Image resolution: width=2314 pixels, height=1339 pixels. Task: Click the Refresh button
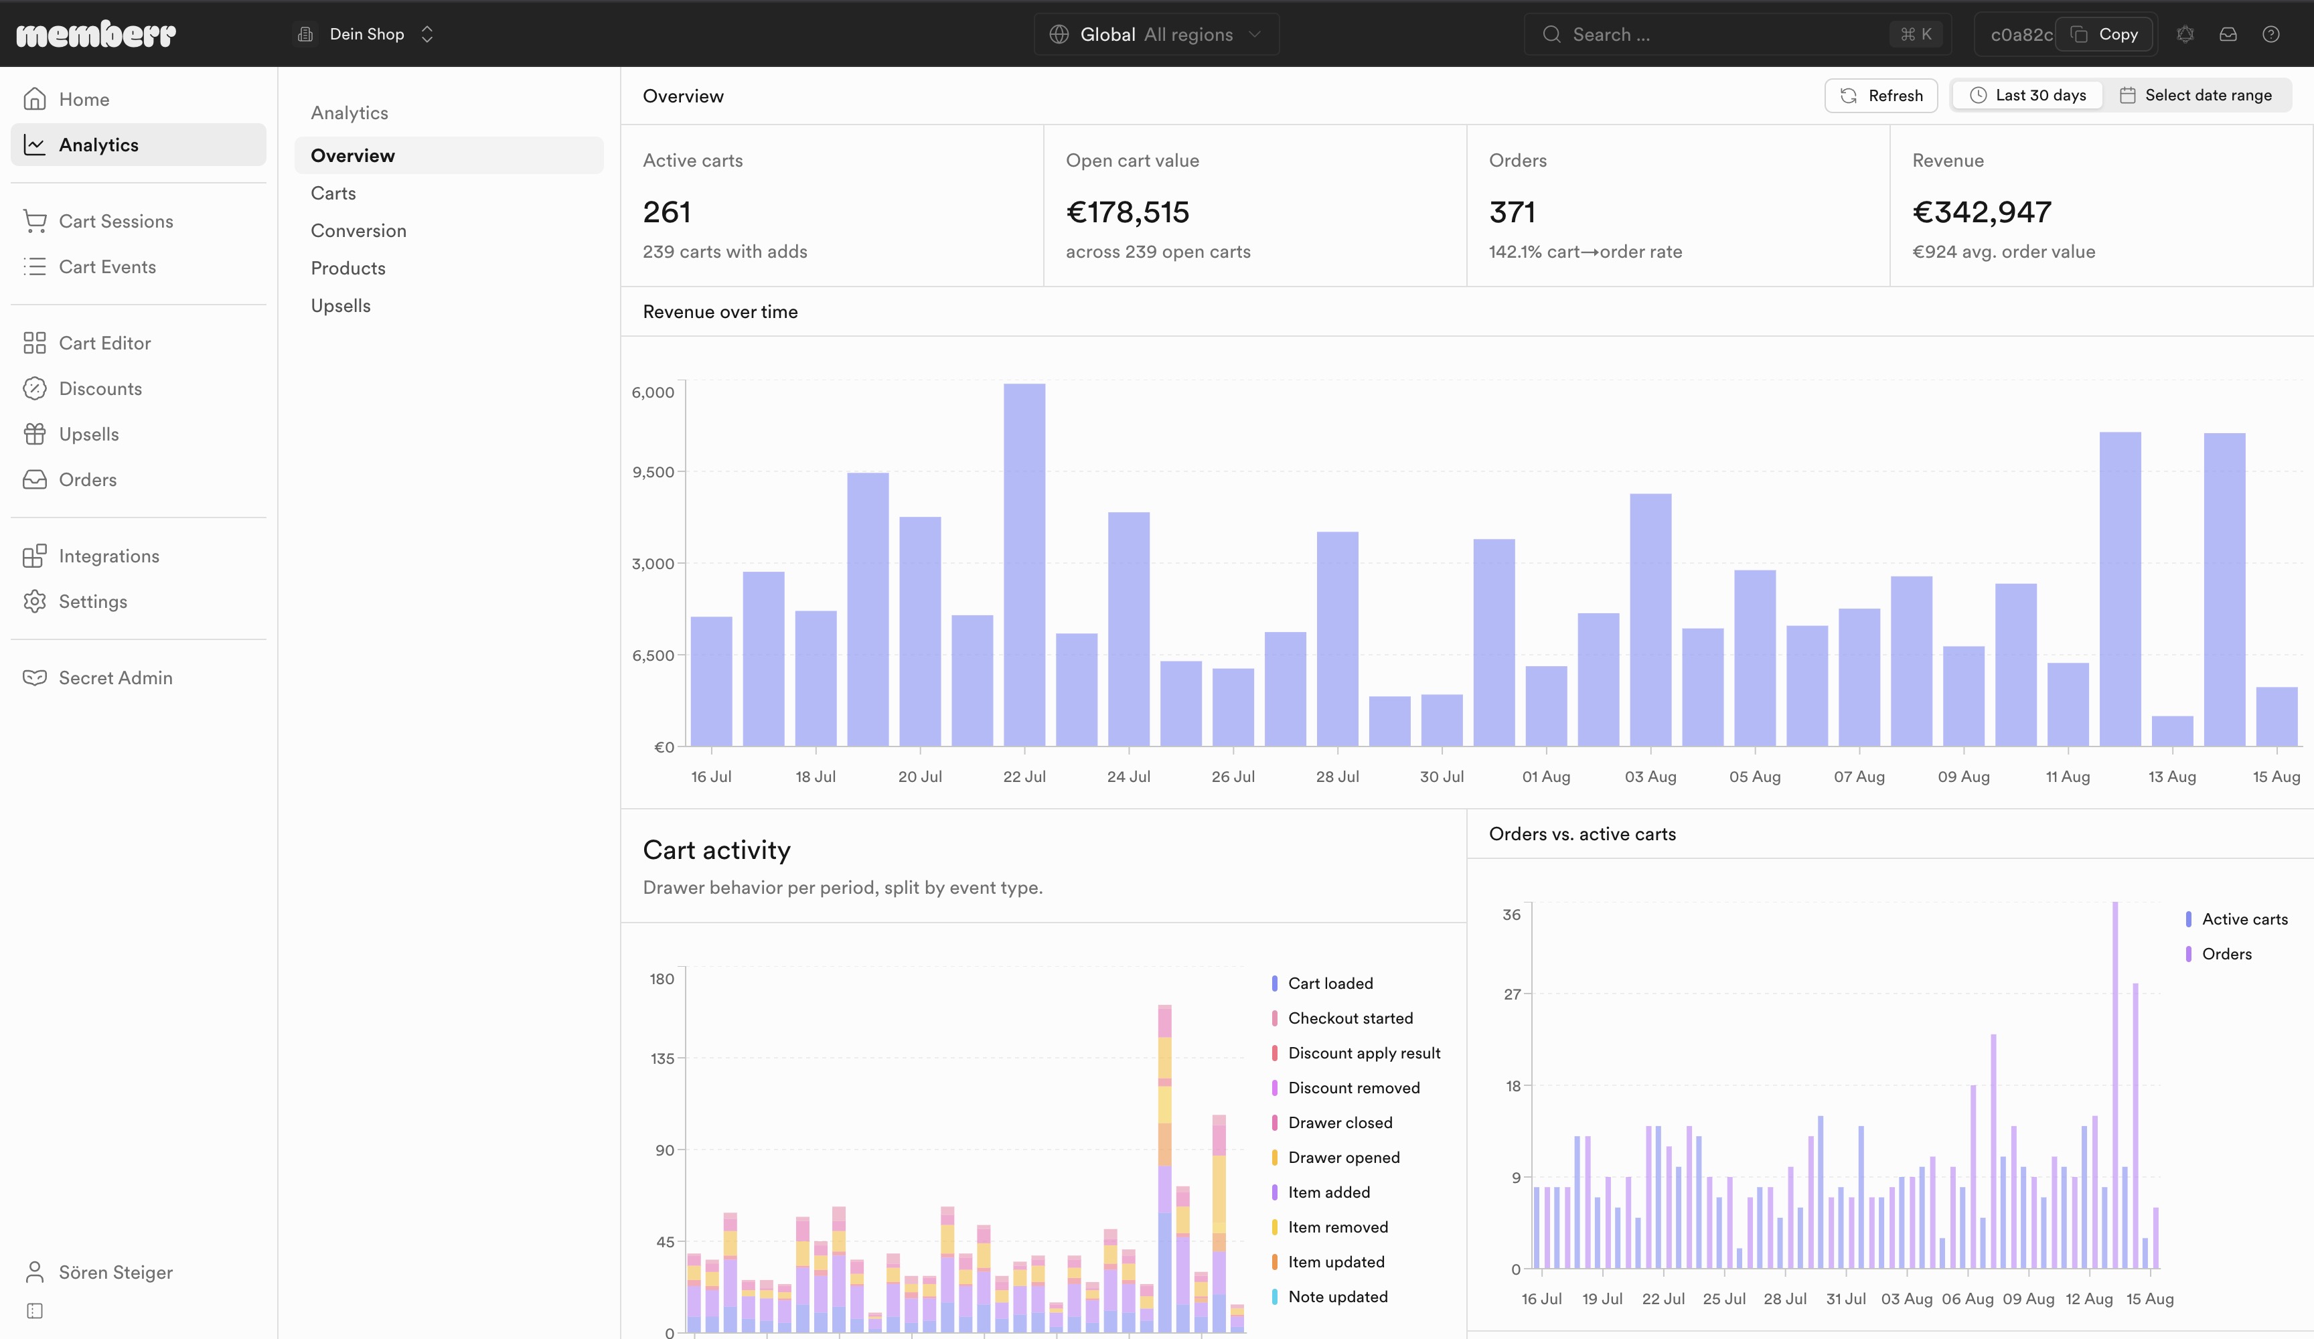click(x=1881, y=96)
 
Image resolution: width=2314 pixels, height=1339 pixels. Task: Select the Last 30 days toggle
click(x=2027, y=96)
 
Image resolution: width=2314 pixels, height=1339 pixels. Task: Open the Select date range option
click(x=2195, y=96)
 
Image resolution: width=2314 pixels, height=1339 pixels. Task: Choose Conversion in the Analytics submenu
click(x=358, y=230)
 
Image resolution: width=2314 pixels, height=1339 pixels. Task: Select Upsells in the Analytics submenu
click(x=341, y=306)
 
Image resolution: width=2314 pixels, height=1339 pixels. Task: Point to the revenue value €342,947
click(x=1982, y=212)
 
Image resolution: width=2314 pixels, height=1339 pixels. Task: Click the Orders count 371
click(x=1511, y=212)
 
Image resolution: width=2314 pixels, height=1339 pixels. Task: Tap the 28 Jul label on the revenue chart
click(x=1337, y=777)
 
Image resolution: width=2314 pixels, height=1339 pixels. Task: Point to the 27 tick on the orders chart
click(x=1511, y=995)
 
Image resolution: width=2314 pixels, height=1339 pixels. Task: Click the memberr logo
click(x=96, y=34)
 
